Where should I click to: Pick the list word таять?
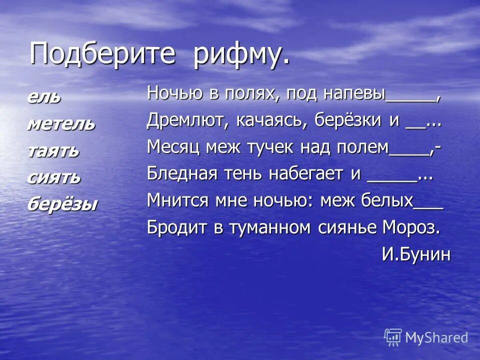point(53,150)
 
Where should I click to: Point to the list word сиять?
point(53,177)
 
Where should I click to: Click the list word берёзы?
point(62,204)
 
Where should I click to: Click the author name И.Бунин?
point(416,254)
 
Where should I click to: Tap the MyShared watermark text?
point(436,337)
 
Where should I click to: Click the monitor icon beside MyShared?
point(393,337)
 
